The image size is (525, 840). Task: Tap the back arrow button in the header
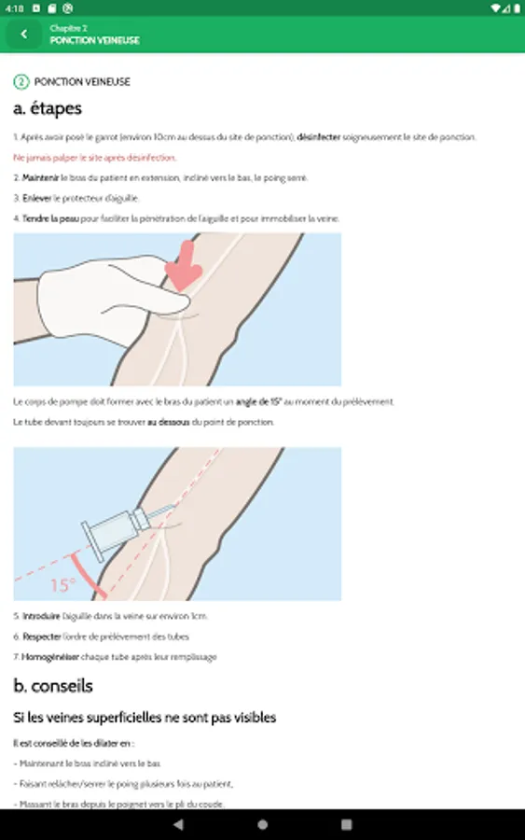click(x=23, y=35)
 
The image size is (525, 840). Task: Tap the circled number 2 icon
click(x=21, y=82)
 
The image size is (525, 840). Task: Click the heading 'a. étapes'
click(x=48, y=109)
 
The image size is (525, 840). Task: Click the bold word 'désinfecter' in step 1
click(x=319, y=137)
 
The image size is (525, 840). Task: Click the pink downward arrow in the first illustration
click(x=185, y=264)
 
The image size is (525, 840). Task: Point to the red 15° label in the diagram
click(x=63, y=585)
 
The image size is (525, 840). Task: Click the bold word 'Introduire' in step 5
click(x=41, y=616)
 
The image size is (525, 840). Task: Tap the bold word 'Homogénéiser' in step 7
click(x=52, y=657)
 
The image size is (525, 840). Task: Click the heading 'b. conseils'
click(x=53, y=686)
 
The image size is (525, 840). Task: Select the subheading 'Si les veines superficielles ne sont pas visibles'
click(x=145, y=718)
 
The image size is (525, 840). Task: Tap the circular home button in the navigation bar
click(x=262, y=824)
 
